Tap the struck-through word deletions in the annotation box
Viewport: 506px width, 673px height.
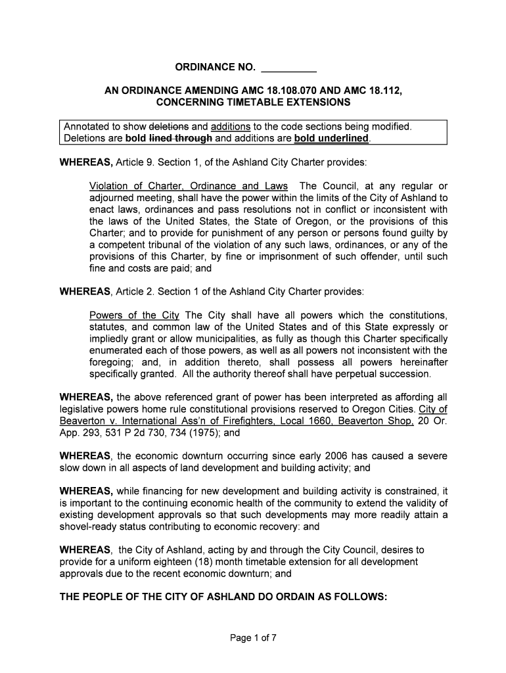(170, 126)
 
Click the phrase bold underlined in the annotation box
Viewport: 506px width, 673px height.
(331, 138)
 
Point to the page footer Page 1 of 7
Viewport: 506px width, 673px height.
(253, 636)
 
